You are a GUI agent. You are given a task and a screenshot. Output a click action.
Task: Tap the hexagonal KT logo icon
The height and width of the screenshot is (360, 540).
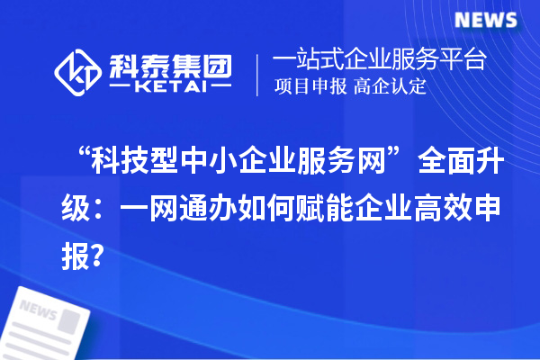[78, 73]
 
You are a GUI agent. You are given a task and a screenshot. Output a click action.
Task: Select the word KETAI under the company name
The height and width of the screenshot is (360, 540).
[170, 89]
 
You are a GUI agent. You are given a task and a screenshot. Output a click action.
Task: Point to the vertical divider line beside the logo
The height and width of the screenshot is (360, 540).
[258, 75]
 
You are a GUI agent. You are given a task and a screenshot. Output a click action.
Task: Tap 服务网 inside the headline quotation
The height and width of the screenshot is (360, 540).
[349, 168]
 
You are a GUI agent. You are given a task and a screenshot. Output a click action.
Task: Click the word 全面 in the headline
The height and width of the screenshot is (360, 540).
[442, 168]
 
